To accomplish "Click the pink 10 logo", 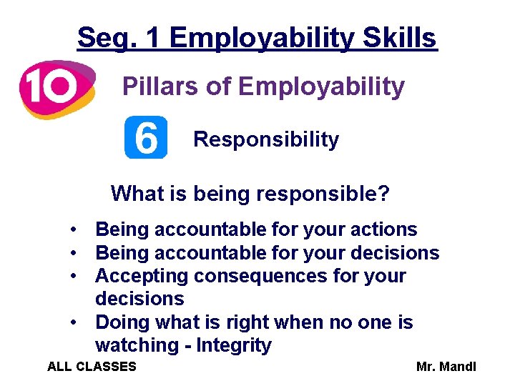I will [x=56, y=89].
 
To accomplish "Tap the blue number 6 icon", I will [x=146, y=137].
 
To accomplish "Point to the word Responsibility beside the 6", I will [x=266, y=139].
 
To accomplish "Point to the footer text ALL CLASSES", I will [x=92, y=367].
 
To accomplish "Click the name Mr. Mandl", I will [x=446, y=367].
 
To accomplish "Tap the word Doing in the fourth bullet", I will [x=120, y=322].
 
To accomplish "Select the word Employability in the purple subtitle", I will [x=321, y=86].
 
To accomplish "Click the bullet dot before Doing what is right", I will [x=74, y=322].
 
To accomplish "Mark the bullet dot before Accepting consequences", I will [x=74, y=276].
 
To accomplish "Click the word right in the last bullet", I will [x=259, y=322].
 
